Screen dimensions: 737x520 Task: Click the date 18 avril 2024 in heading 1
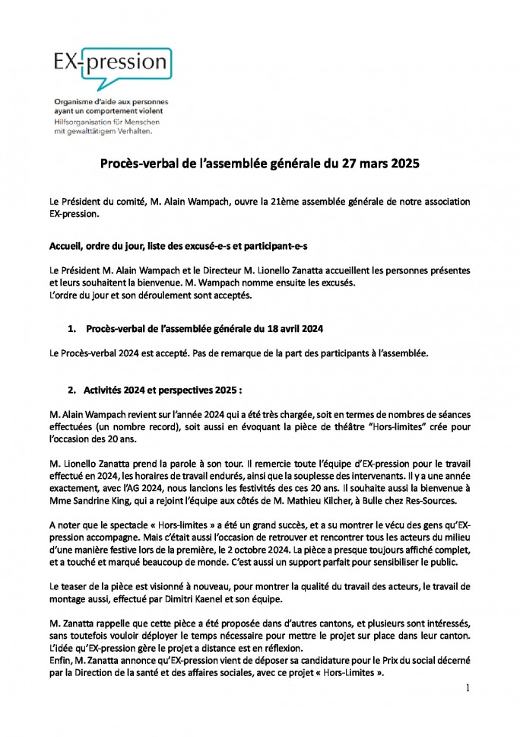coord(293,330)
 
